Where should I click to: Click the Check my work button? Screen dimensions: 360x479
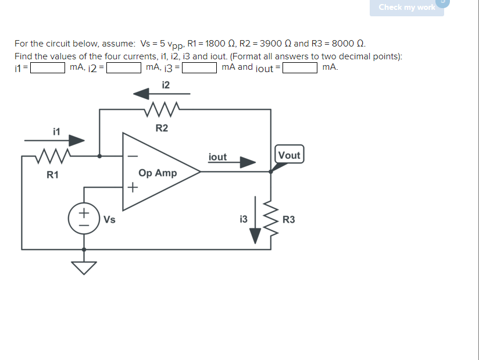406,8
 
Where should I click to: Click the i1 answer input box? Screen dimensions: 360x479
48,68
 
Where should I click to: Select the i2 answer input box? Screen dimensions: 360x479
124,68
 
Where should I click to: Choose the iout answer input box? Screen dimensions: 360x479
300,68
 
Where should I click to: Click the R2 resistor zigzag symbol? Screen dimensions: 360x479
162,109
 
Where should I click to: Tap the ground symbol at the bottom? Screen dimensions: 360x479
85,266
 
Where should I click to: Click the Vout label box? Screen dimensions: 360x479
289,155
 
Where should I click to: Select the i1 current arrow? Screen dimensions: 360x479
55,140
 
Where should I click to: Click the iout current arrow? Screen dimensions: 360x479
233,163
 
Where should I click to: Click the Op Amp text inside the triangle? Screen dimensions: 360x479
158,173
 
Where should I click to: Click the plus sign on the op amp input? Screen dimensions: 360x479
133,187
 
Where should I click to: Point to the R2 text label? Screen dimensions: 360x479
162,128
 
